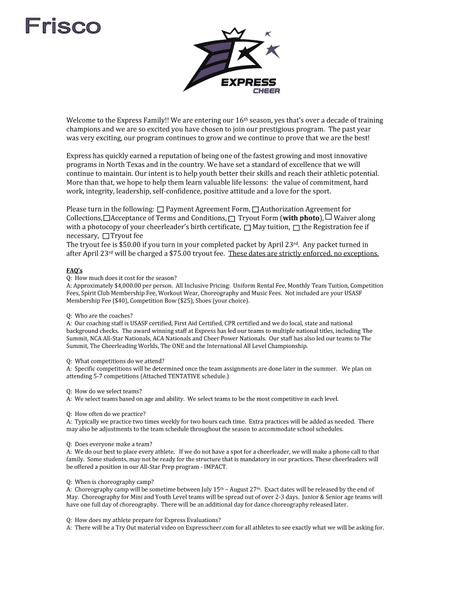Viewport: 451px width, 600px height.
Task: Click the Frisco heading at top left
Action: click(63, 26)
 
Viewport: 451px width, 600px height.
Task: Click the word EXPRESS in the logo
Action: click(248, 83)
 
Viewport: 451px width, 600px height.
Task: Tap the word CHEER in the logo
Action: click(266, 91)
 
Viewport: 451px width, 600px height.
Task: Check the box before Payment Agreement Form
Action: click(160, 210)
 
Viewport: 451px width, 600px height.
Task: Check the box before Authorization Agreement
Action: click(255, 210)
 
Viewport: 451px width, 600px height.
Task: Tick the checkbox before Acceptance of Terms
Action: click(106, 219)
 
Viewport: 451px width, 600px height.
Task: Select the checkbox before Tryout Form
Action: click(232, 219)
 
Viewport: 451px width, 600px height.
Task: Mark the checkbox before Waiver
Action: click(328, 218)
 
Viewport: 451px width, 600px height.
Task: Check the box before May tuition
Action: click(247, 227)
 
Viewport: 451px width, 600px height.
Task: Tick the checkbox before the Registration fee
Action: click(296, 227)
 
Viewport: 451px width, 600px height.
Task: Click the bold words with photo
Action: click(302, 218)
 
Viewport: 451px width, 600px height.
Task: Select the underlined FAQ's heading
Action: click(74, 270)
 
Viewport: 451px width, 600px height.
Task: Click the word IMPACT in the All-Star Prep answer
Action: click(214, 466)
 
